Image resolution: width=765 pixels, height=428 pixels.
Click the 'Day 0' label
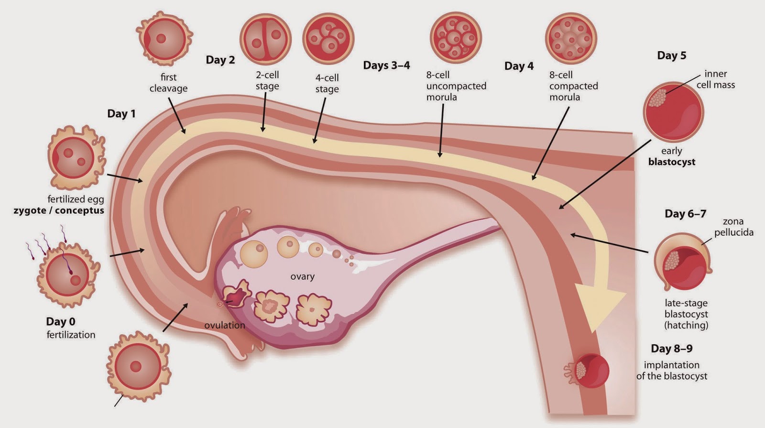point(61,322)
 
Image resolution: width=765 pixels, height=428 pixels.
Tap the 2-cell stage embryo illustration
point(265,39)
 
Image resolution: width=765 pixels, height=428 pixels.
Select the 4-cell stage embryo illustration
point(328,38)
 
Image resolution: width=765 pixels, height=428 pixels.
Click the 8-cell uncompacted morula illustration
point(455,37)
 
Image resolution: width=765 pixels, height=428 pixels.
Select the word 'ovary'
point(302,276)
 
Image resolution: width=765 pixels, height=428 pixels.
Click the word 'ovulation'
point(225,325)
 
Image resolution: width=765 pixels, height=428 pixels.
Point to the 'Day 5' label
point(671,55)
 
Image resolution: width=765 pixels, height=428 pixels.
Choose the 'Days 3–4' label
point(386,66)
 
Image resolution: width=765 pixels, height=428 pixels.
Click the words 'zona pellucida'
point(733,227)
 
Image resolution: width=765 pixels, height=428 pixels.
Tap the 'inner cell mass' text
point(715,79)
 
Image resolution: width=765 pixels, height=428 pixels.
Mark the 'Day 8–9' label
point(671,349)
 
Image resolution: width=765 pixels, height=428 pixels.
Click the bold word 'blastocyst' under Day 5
point(671,162)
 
